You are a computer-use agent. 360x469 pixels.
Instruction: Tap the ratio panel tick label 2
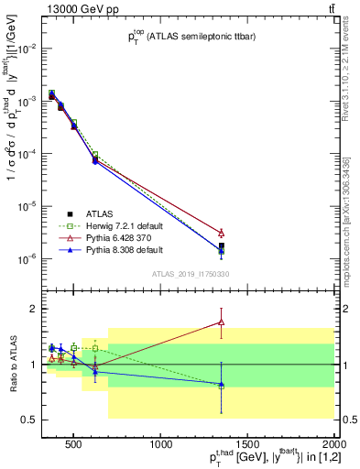30,309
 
